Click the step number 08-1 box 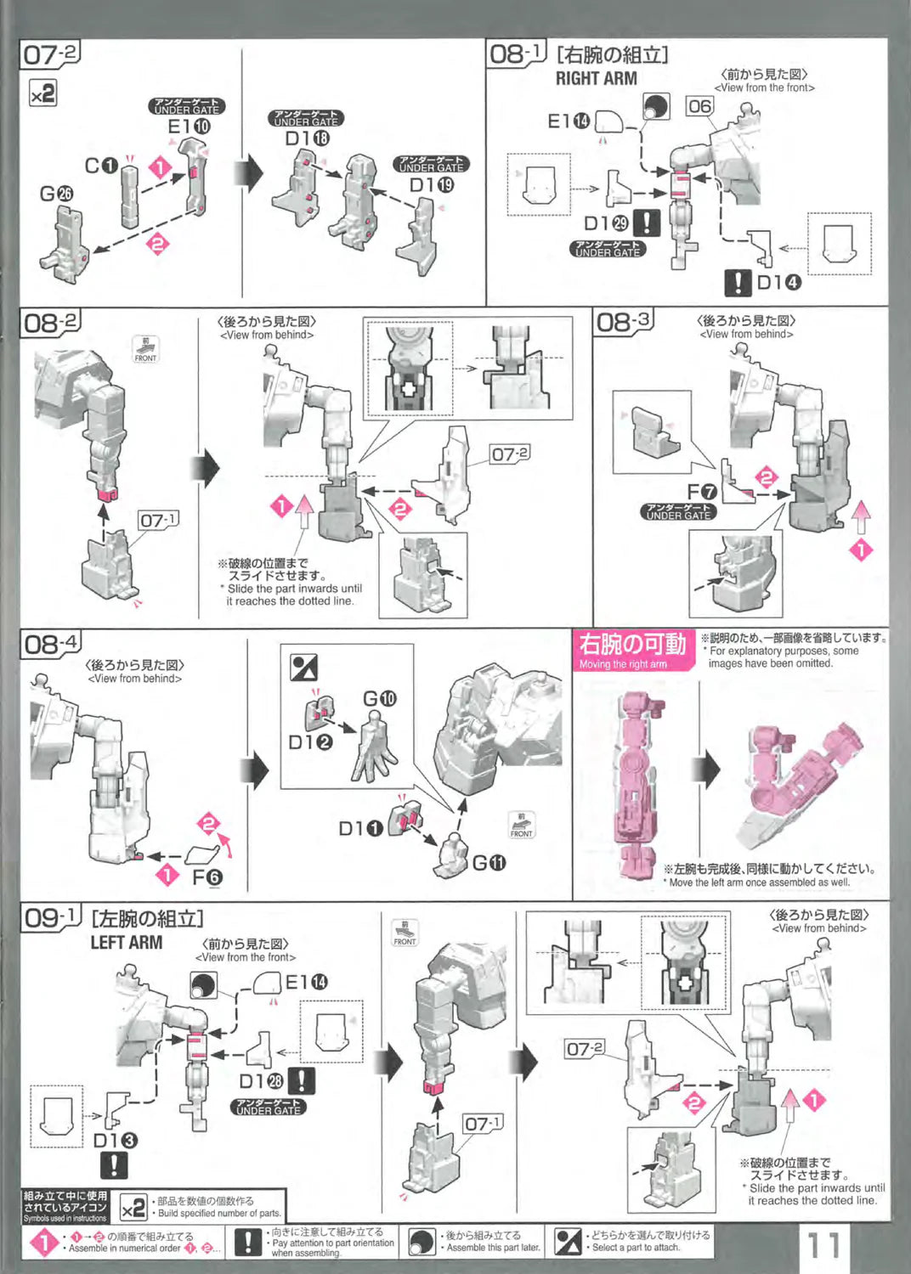click(516, 54)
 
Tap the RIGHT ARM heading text click(596, 78)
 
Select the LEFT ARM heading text click(126, 942)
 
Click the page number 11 click(823, 1245)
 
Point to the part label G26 click(56, 194)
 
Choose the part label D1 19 click(432, 184)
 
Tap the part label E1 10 click(189, 127)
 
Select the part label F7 click(702, 492)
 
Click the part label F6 click(207, 877)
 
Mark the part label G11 click(489, 863)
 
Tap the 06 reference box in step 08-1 click(699, 106)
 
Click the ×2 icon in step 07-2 click(42, 93)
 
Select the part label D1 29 click(606, 223)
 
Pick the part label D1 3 click(115, 1140)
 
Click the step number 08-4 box click(51, 644)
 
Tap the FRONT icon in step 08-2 click(145, 349)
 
